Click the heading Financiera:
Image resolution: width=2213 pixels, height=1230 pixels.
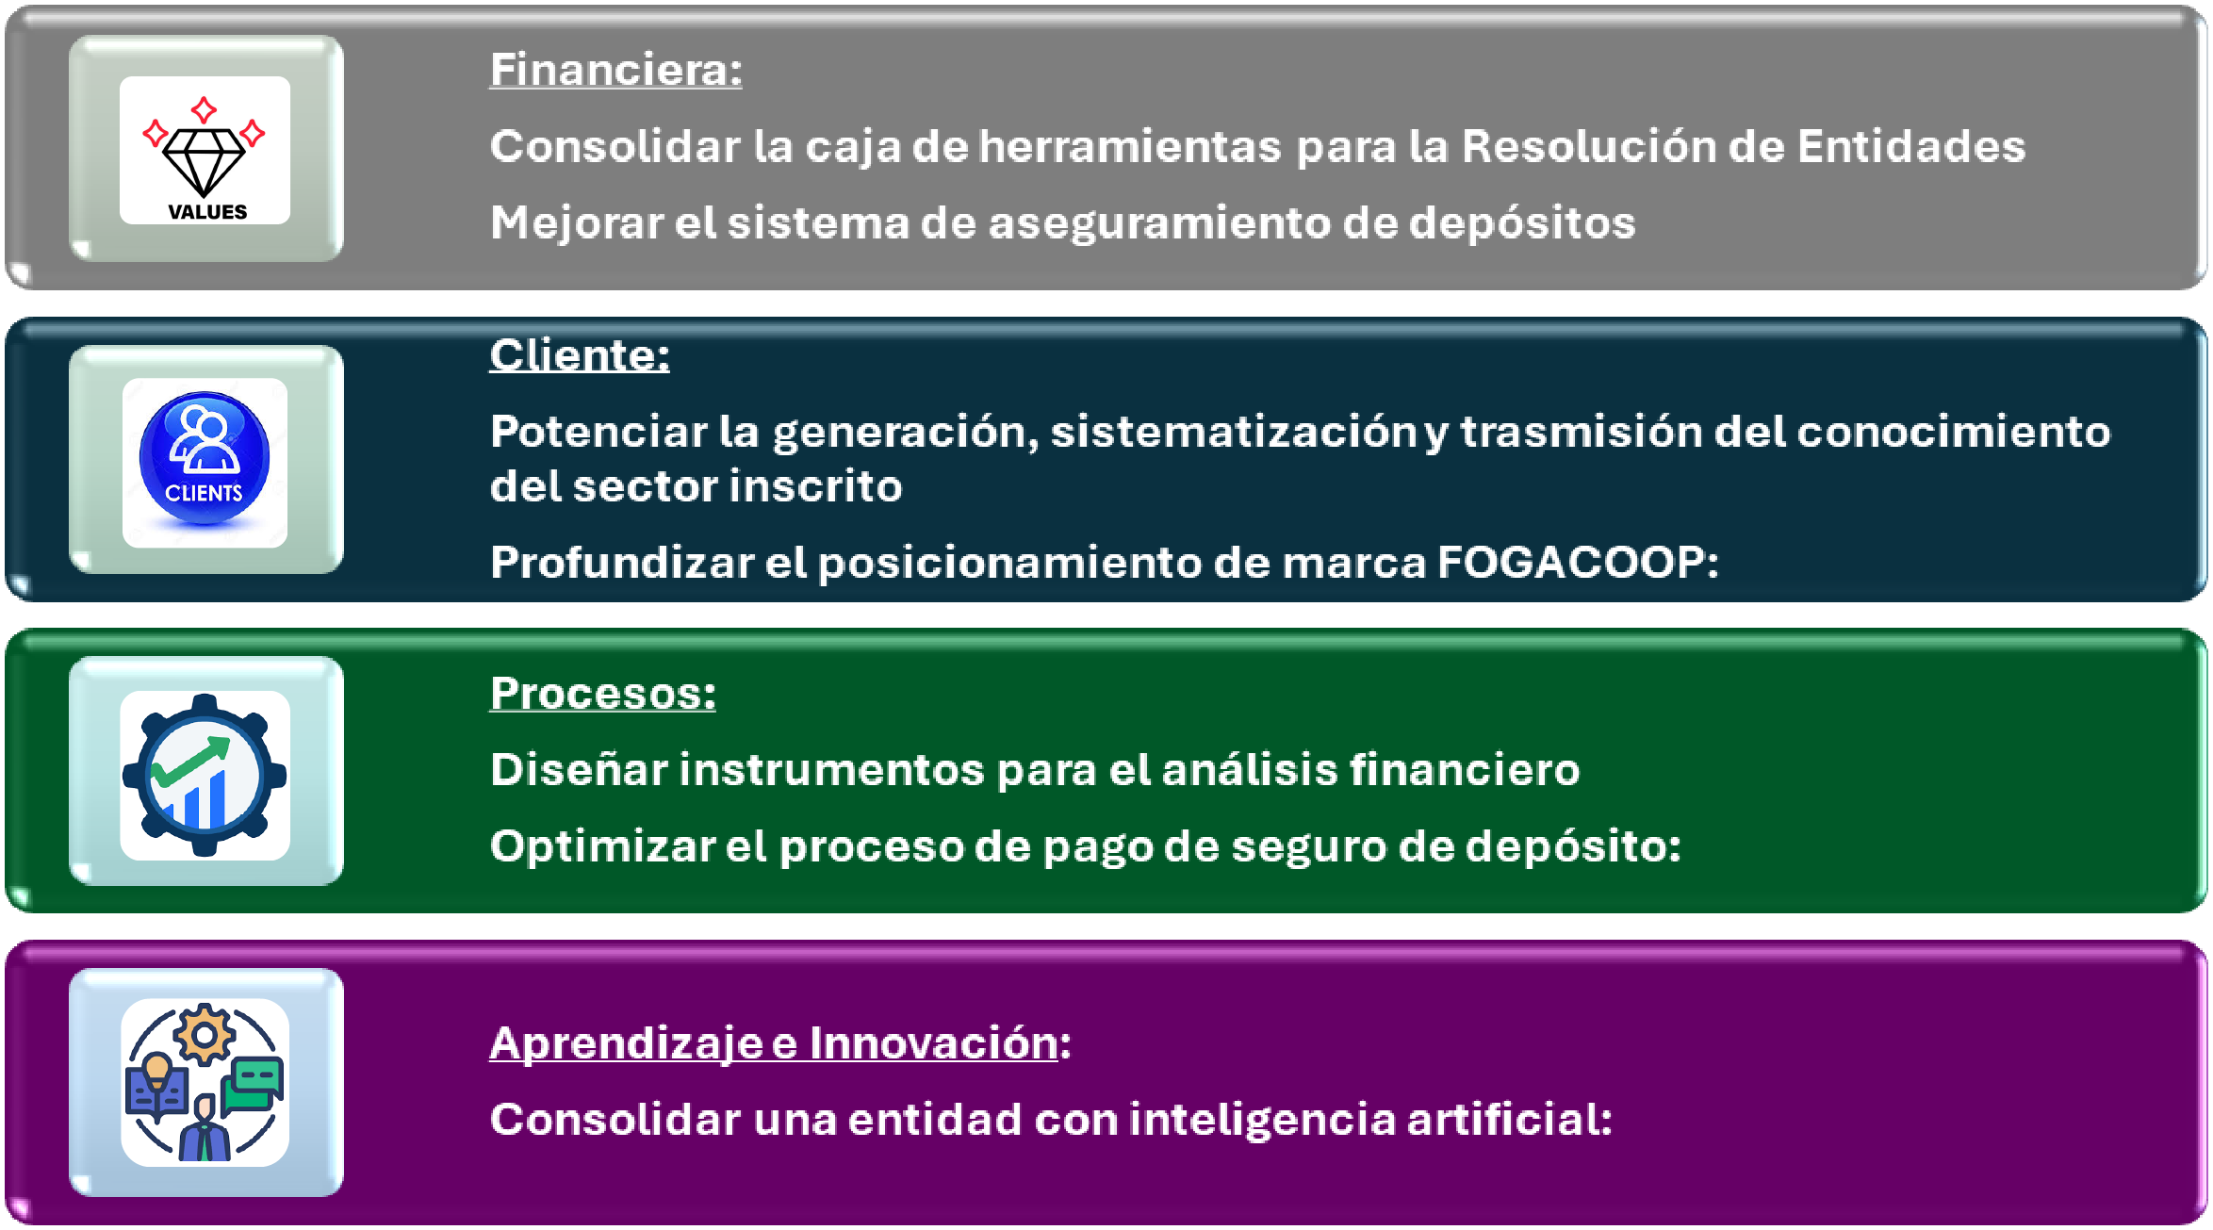pyautogui.click(x=615, y=70)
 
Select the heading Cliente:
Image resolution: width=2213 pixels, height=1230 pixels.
pyautogui.click(x=579, y=355)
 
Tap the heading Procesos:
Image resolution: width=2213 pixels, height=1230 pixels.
pyautogui.click(x=602, y=694)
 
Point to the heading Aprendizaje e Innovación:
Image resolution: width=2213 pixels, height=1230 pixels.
pyautogui.click(x=779, y=1043)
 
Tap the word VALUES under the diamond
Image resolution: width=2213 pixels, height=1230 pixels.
pyautogui.click(x=207, y=212)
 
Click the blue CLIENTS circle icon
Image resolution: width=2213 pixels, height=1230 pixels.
pyautogui.click(x=205, y=458)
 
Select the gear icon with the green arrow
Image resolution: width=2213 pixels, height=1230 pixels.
pyautogui.click(x=205, y=775)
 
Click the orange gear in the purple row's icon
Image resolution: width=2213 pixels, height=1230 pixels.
pyautogui.click(x=204, y=1035)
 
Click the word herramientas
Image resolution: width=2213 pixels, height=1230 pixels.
pyautogui.click(x=1130, y=146)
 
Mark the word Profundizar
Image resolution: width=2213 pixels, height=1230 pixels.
pyautogui.click(x=622, y=563)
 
